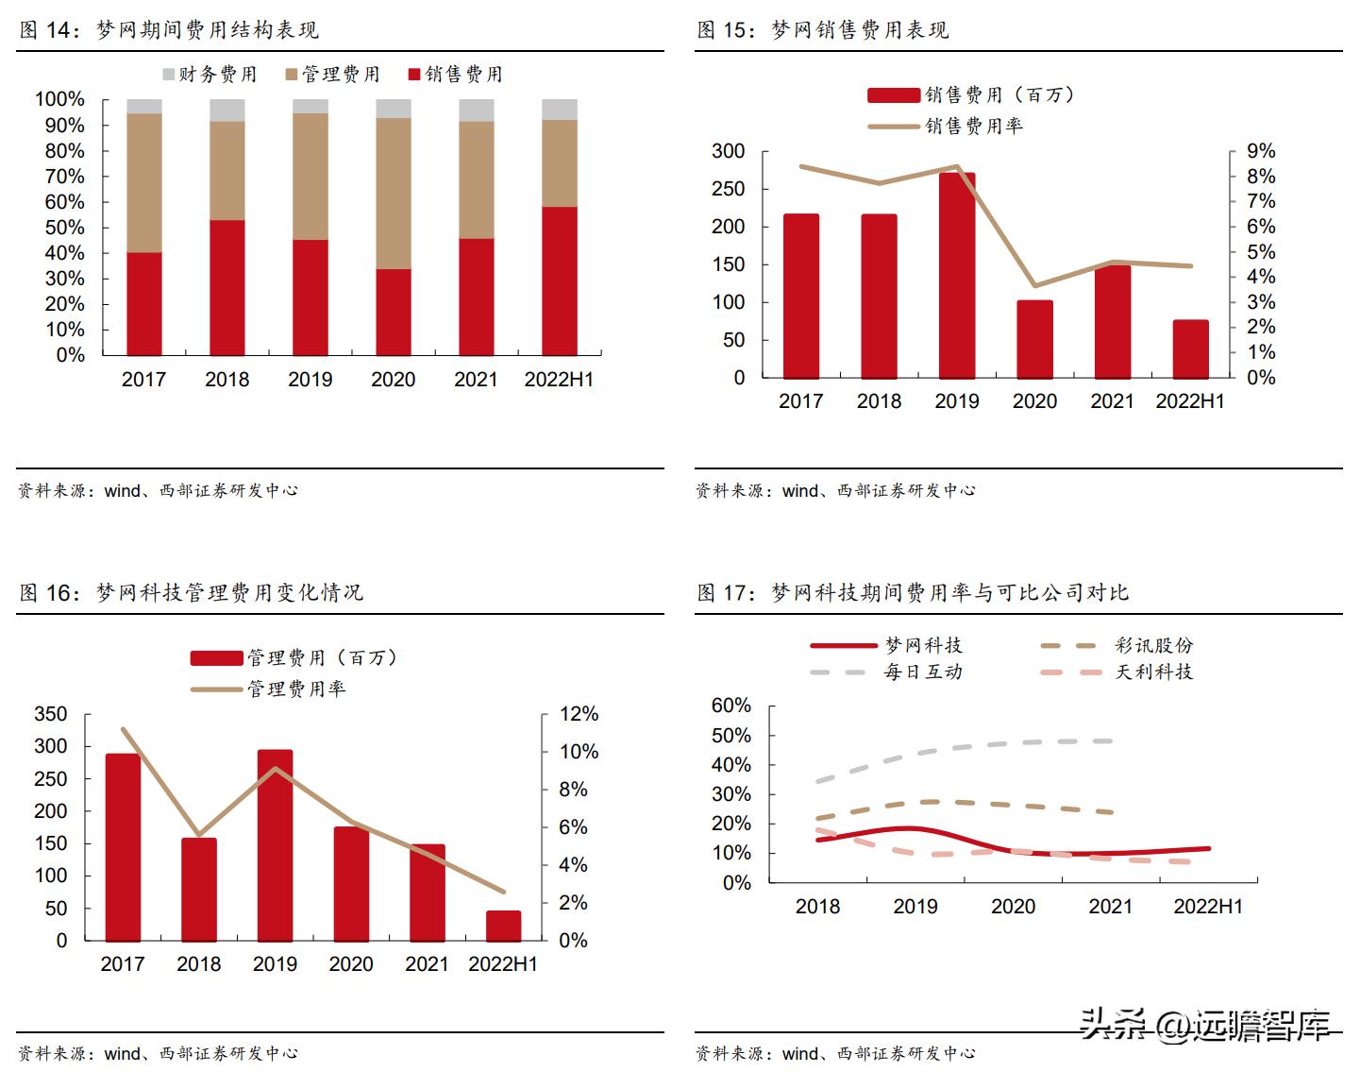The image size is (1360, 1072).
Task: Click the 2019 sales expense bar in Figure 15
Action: [x=957, y=275]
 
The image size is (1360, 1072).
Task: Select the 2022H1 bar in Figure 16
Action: [x=503, y=926]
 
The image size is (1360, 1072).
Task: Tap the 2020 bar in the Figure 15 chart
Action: [x=1035, y=339]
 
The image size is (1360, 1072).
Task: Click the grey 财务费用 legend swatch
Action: [x=169, y=74]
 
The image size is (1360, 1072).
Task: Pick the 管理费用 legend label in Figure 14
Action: [x=341, y=74]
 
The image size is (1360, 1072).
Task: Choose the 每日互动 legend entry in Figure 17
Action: [x=923, y=672]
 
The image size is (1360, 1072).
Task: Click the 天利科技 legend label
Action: [x=1154, y=672]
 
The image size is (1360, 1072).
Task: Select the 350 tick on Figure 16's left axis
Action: [x=51, y=714]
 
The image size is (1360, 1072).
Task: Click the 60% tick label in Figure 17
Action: [x=730, y=706]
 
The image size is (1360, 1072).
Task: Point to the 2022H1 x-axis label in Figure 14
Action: [x=559, y=379]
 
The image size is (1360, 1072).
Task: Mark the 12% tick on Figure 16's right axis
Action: [x=579, y=714]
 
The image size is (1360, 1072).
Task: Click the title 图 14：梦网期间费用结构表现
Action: [x=170, y=30]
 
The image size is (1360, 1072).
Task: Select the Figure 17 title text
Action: [x=913, y=592]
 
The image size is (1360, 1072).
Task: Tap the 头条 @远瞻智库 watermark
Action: [x=1205, y=1024]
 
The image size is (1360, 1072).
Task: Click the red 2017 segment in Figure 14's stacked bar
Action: [x=144, y=303]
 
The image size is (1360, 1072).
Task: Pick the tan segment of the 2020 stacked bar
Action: [x=394, y=194]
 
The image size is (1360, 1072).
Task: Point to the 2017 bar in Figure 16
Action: [x=123, y=846]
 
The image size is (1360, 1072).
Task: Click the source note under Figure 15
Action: [x=836, y=490]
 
